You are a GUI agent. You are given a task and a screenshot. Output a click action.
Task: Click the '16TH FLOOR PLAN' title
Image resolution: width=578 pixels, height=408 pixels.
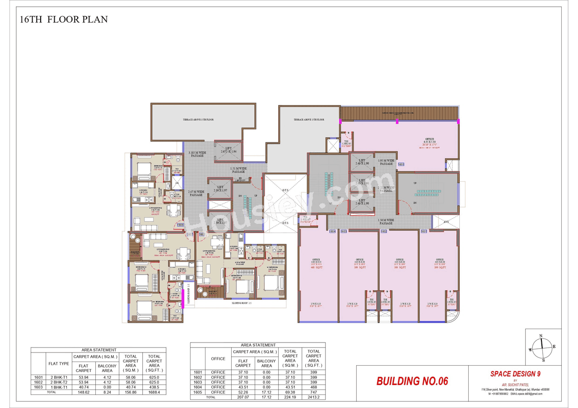coord(63,20)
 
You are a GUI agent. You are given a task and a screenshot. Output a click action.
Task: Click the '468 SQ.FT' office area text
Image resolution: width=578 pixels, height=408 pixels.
coord(316,267)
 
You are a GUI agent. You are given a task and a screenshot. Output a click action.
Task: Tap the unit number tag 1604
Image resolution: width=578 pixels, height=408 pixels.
coord(332,231)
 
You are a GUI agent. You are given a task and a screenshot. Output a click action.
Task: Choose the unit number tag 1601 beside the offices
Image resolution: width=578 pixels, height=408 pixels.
coord(424,231)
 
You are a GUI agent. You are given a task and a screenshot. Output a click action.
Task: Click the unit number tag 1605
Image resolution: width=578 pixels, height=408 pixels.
coord(401,165)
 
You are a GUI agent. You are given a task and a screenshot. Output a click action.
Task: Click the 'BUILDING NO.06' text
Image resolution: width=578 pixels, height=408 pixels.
coord(412,381)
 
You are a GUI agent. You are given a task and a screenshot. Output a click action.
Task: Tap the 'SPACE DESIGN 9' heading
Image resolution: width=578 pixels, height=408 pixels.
coord(515,374)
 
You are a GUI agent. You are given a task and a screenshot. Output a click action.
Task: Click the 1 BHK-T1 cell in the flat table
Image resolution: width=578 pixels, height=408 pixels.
coord(59,387)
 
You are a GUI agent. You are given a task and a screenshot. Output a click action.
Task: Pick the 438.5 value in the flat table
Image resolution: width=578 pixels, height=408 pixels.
coord(154,387)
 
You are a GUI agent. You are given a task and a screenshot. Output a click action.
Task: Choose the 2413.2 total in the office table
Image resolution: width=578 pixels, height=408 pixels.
coord(313,398)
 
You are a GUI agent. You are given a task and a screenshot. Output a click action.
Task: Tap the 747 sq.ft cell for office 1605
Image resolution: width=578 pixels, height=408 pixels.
coord(313,392)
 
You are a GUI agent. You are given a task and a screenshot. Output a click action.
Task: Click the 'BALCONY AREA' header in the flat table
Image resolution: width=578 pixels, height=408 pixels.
coord(107,368)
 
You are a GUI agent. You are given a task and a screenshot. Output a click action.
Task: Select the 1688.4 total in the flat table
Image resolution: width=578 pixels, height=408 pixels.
coord(154,392)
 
